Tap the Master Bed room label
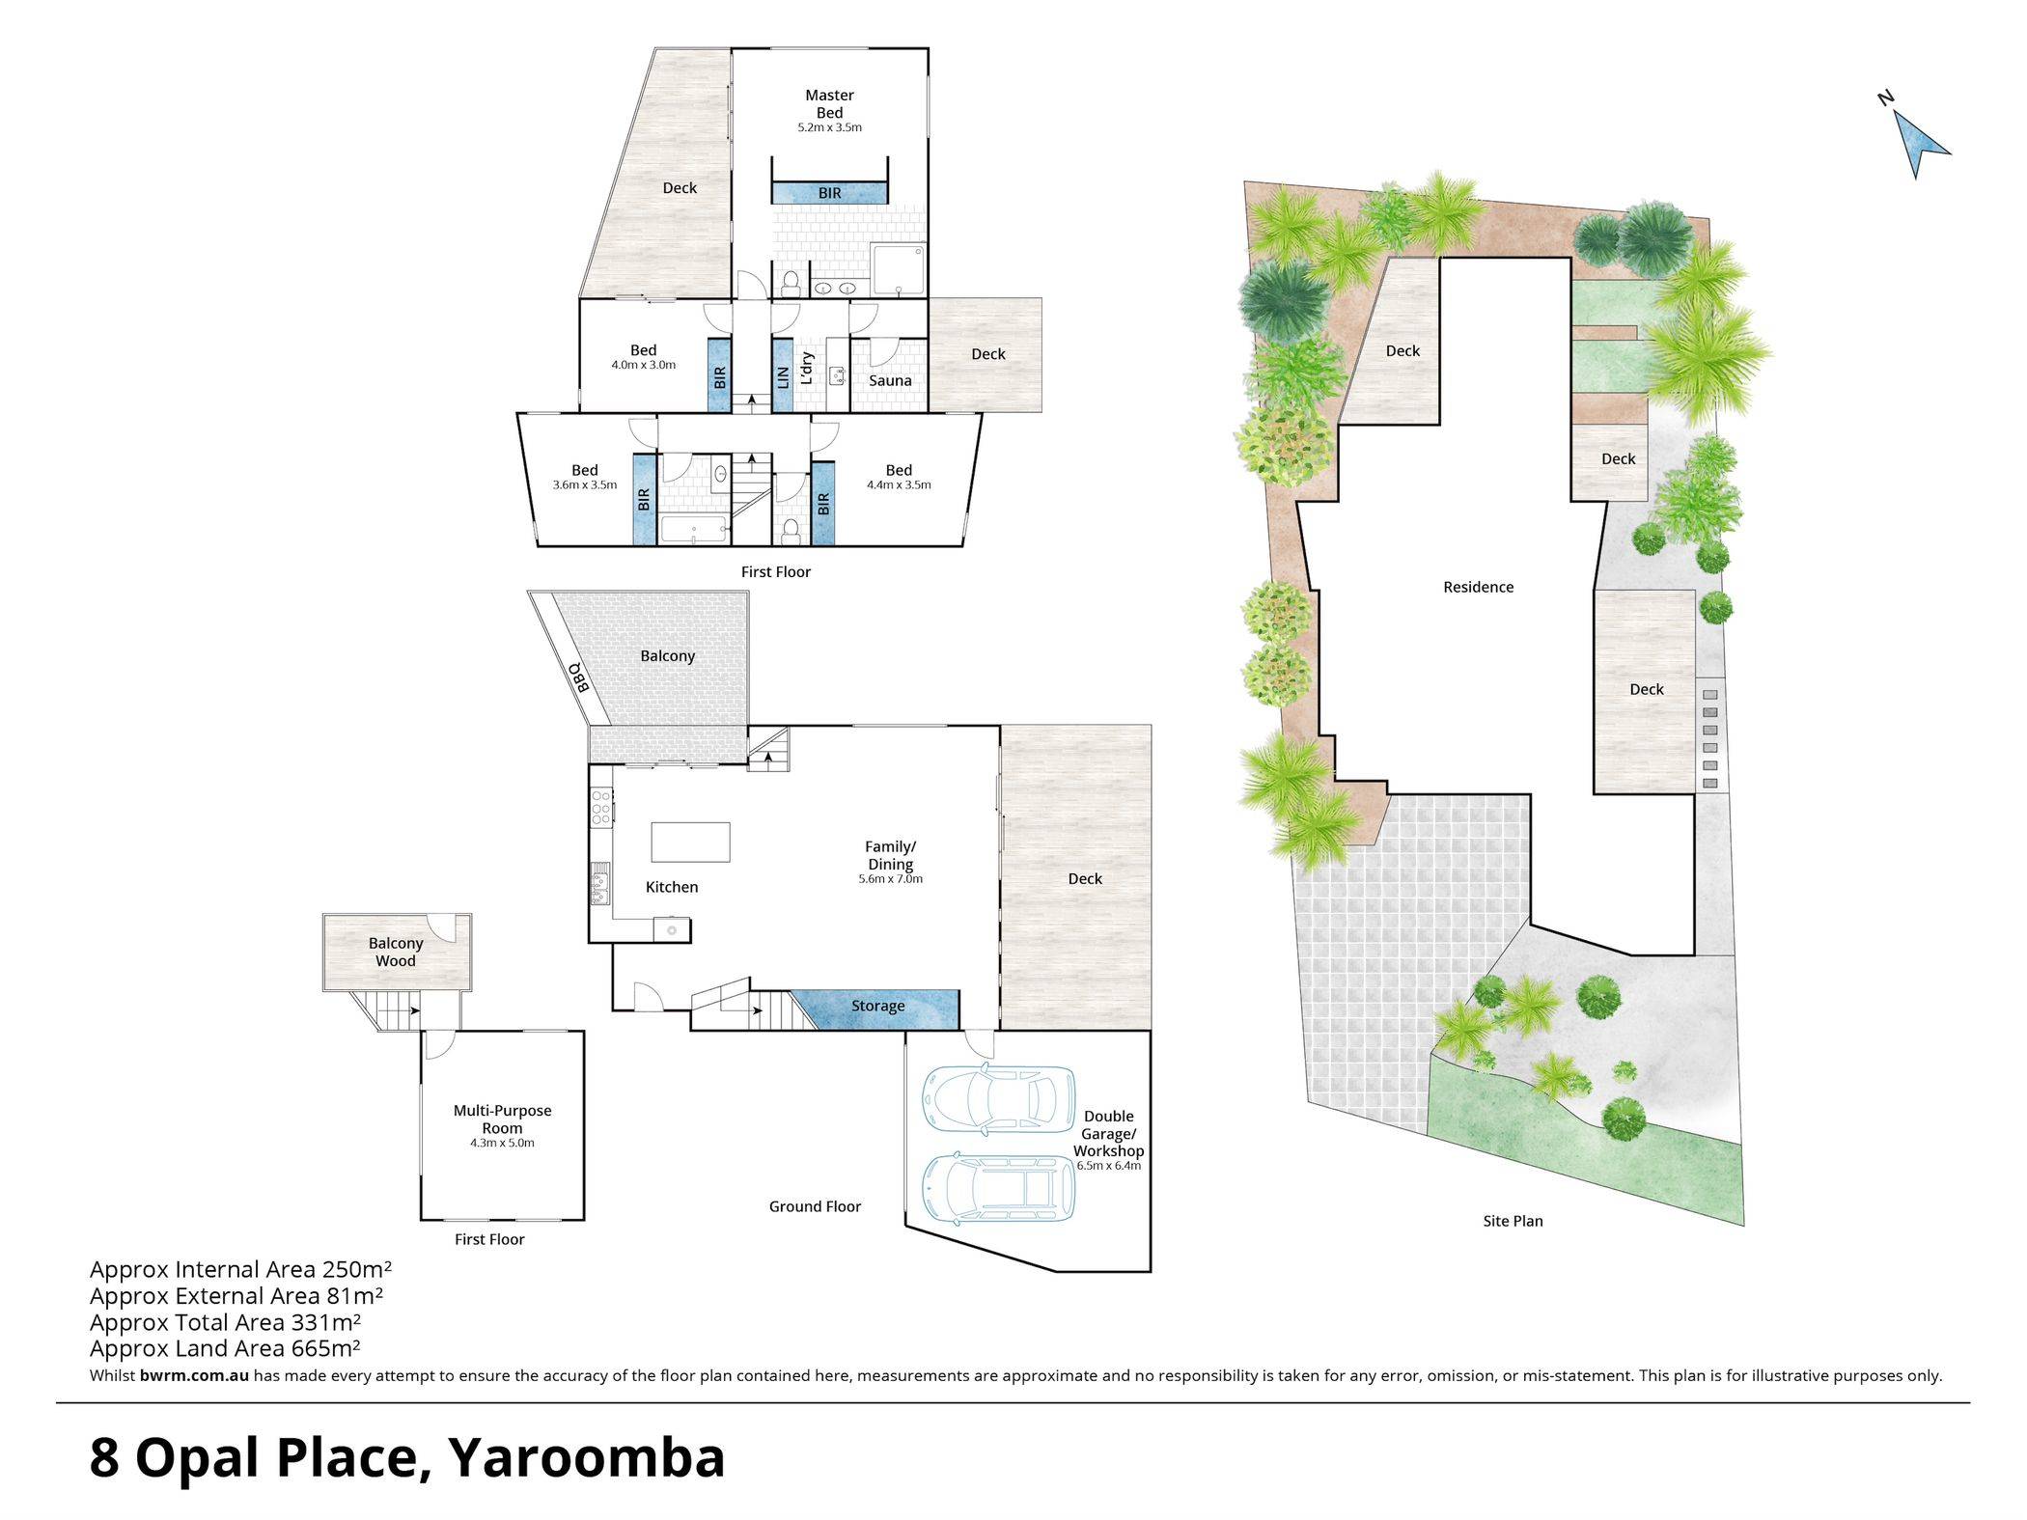(x=829, y=103)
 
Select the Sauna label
(x=890, y=380)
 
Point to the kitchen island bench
(x=690, y=842)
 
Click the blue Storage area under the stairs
(x=876, y=1009)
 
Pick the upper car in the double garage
(x=998, y=1096)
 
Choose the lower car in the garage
(x=998, y=1186)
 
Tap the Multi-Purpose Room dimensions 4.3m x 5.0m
(x=502, y=1143)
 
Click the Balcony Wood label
(x=396, y=952)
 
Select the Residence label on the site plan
(x=1478, y=587)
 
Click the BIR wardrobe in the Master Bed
(x=829, y=193)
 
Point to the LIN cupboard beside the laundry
(x=783, y=375)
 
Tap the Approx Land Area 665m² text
(x=225, y=1348)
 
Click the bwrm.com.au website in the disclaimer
(x=194, y=1375)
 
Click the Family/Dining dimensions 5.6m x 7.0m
(x=890, y=879)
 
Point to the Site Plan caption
(x=1513, y=1221)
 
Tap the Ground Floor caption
(x=815, y=1206)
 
